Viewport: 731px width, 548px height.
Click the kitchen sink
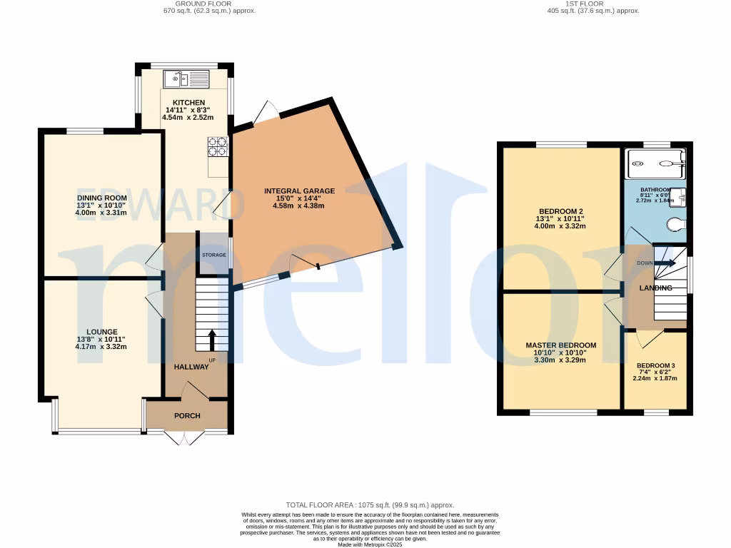click(x=186, y=78)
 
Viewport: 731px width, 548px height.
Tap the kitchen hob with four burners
click(x=218, y=146)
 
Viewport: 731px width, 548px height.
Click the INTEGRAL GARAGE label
click(x=299, y=191)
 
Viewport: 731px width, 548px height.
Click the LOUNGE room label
click(x=102, y=332)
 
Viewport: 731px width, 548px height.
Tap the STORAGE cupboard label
click(x=213, y=255)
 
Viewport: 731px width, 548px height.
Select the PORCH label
click(x=187, y=416)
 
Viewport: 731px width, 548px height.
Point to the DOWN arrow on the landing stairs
click(x=665, y=263)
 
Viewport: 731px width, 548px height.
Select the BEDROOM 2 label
click(x=561, y=211)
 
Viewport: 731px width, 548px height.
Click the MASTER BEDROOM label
click(x=560, y=345)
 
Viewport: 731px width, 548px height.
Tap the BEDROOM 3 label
click(x=655, y=366)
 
